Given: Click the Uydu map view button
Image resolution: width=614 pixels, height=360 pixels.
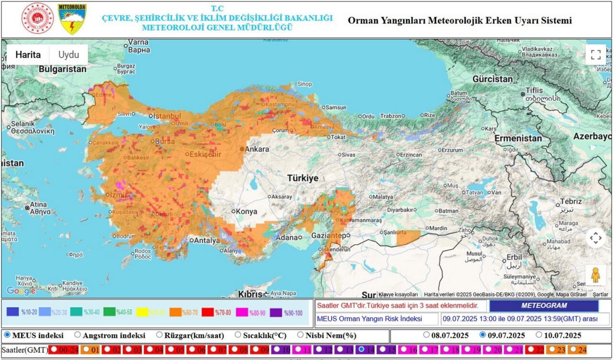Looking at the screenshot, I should pos(69,55).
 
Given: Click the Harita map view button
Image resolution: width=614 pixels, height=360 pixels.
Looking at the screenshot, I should pos(28,55).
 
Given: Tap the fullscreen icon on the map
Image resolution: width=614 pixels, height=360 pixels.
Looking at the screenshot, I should pos(595,54).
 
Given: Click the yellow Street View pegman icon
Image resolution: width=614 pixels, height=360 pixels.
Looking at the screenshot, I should pos(595,275).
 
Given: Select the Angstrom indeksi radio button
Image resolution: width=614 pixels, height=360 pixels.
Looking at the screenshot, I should pos(78,335).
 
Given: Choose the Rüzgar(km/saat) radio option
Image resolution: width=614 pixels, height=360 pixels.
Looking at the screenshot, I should pos(159,335).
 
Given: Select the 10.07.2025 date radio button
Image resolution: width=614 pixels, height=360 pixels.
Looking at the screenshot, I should pos(539,335).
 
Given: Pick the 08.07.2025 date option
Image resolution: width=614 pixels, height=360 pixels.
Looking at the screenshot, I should pos(426,335).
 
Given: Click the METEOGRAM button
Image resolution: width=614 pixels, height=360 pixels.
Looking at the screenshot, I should pos(543,306).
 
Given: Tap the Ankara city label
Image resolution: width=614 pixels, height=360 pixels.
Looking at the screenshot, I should pos(257,149).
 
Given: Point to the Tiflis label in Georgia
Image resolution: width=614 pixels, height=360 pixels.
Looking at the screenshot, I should pos(534,90).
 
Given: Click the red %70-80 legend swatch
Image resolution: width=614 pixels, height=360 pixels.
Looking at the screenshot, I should pos(208,312).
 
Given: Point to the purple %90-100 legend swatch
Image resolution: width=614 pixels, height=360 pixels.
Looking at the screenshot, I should pos(276,312).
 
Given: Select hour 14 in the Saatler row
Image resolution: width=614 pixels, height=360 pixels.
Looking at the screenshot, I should pos(361,350).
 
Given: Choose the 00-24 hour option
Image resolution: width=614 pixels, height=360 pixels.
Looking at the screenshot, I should pos(54,350).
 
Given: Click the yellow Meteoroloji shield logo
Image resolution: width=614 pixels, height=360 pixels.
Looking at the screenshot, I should pos(72,19).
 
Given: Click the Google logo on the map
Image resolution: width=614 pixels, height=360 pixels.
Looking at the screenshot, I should pos(21,291).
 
